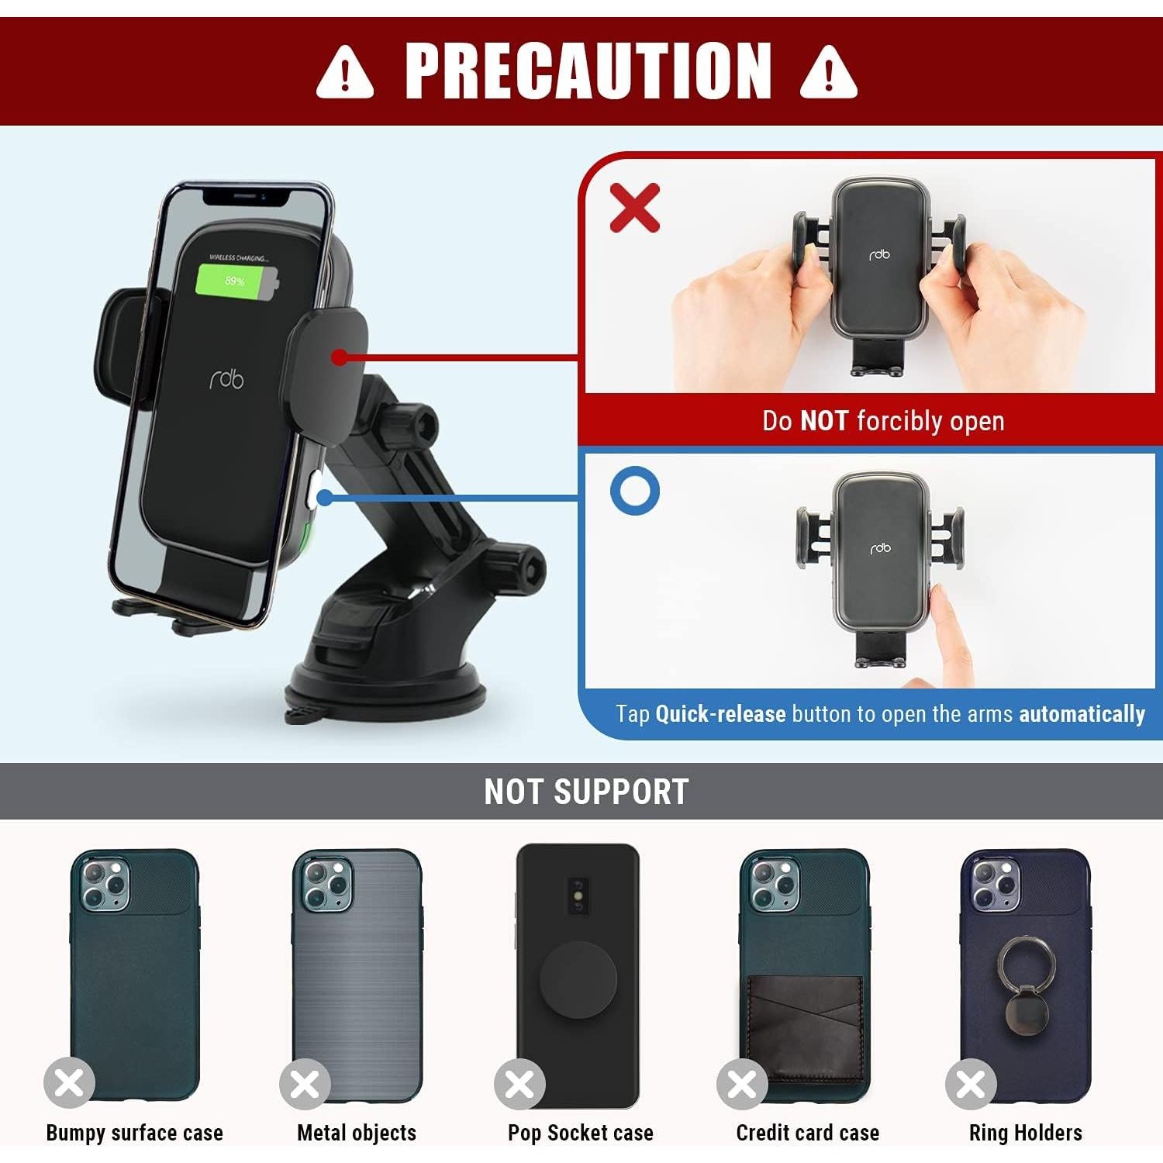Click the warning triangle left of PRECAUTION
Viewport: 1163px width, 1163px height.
click(345, 72)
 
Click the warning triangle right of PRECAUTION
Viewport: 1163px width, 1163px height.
click(828, 72)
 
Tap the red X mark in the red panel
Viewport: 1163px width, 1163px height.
click(635, 208)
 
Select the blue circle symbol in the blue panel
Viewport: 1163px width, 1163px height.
click(635, 491)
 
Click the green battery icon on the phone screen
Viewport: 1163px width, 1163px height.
click(236, 281)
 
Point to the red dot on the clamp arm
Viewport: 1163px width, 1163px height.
click(339, 357)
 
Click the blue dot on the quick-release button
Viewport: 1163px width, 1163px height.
click(326, 497)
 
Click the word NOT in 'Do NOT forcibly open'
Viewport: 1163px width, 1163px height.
click(824, 421)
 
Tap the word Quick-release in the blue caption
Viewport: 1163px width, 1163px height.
click(720, 713)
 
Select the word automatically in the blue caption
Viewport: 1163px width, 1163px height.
click(1082, 713)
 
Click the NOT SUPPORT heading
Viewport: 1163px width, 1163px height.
click(586, 792)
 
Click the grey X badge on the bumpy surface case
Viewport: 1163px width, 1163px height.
click(69, 1083)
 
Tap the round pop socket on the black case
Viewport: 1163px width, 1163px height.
click(578, 980)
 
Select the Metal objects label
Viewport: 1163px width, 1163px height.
click(357, 1133)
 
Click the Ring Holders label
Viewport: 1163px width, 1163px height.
click(1025, 1133)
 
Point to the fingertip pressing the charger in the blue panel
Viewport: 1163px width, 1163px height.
click(939, 601)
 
